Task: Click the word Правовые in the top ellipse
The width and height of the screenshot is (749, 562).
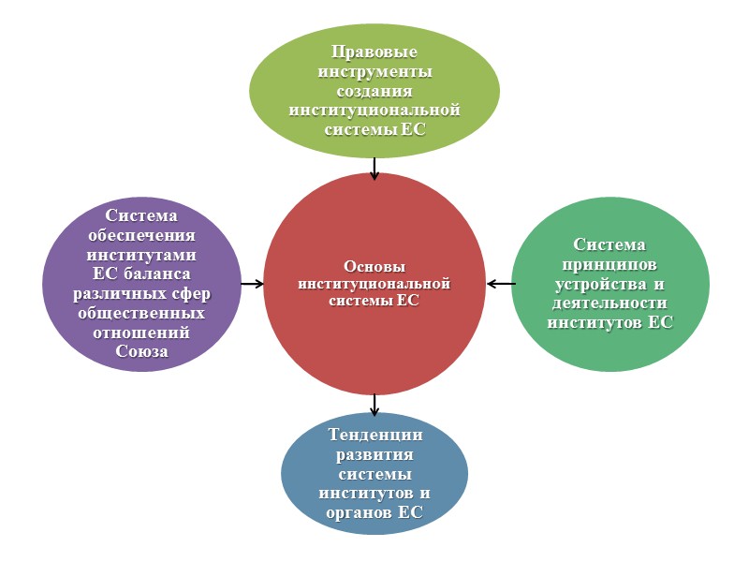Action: (x=374, y=52)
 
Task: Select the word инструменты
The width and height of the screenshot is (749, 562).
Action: (x=374, y=71)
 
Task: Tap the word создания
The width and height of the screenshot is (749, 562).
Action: (x=374, y=91)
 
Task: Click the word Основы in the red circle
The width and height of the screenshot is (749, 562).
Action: (x=374, y=265)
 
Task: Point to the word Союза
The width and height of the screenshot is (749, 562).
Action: (x=141, y=351)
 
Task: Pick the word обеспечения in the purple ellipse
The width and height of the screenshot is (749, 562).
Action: (x=141, y=235)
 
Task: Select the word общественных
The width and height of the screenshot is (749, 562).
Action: (x=141, y=313)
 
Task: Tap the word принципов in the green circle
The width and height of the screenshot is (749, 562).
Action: (x=609, y=264)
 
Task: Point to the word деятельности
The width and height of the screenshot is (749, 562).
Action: (x=609, y=303)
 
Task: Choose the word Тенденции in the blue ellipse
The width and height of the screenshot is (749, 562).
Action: (x=374, y=435)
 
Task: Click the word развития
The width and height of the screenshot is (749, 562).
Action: (x=374, y=454)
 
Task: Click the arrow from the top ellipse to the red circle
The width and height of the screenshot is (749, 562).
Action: (x=374, y=168)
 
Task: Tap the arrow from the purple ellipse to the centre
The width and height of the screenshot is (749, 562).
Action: (x=252, y=283)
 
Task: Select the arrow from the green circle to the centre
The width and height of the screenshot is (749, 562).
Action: (x=501, y=283)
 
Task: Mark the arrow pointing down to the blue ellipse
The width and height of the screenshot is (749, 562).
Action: (x=374, y=404)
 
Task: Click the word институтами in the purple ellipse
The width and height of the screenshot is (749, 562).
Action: (x=141, y=255)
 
